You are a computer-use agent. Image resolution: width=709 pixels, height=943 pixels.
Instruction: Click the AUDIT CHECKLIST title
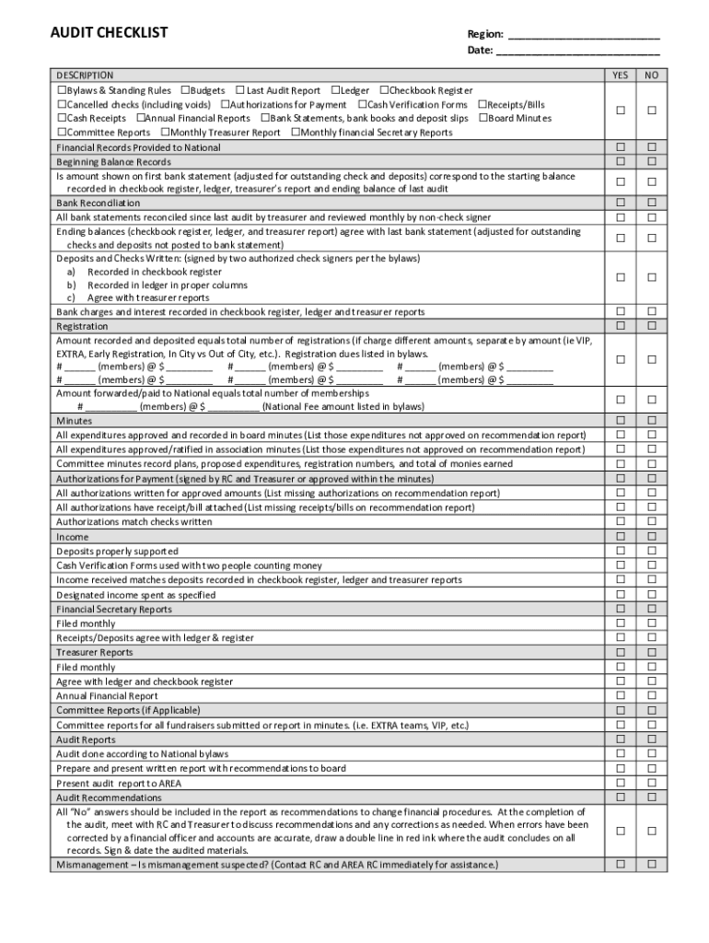point(109,33)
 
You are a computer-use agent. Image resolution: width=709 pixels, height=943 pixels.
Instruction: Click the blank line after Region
point(584,37)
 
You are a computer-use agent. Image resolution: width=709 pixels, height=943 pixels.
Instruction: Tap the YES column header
point(620,76)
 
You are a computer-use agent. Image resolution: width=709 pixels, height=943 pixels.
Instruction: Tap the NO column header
point(651,76)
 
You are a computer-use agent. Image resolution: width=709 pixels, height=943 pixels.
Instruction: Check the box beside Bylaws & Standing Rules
point(62,90)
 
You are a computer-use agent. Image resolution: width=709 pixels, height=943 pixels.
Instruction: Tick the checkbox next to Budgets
point(186,90)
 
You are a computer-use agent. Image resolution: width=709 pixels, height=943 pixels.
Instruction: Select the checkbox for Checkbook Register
point(385,90)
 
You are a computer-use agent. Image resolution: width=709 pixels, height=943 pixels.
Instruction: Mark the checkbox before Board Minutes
point(482,118)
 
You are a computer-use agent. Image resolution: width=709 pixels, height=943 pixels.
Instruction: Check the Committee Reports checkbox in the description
point(62,133)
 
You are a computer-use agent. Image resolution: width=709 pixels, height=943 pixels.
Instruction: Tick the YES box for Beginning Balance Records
point(621,161)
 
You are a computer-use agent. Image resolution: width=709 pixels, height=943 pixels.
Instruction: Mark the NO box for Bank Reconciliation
point(651,202)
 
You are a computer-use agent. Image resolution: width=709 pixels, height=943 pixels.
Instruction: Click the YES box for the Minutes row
point(621,420)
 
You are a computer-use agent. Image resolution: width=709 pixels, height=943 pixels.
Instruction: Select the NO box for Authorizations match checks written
point(651,521)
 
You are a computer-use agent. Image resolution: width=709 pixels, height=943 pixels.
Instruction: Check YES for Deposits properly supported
point(621,551)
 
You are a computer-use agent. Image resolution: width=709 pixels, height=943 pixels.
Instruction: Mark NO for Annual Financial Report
point(651,695)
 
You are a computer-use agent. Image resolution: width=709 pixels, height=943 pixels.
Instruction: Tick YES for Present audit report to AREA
point(621,783)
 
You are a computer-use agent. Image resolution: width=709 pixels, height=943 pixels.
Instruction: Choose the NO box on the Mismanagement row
point(651,864)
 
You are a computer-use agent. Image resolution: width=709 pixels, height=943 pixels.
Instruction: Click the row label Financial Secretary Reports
point(114,609)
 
